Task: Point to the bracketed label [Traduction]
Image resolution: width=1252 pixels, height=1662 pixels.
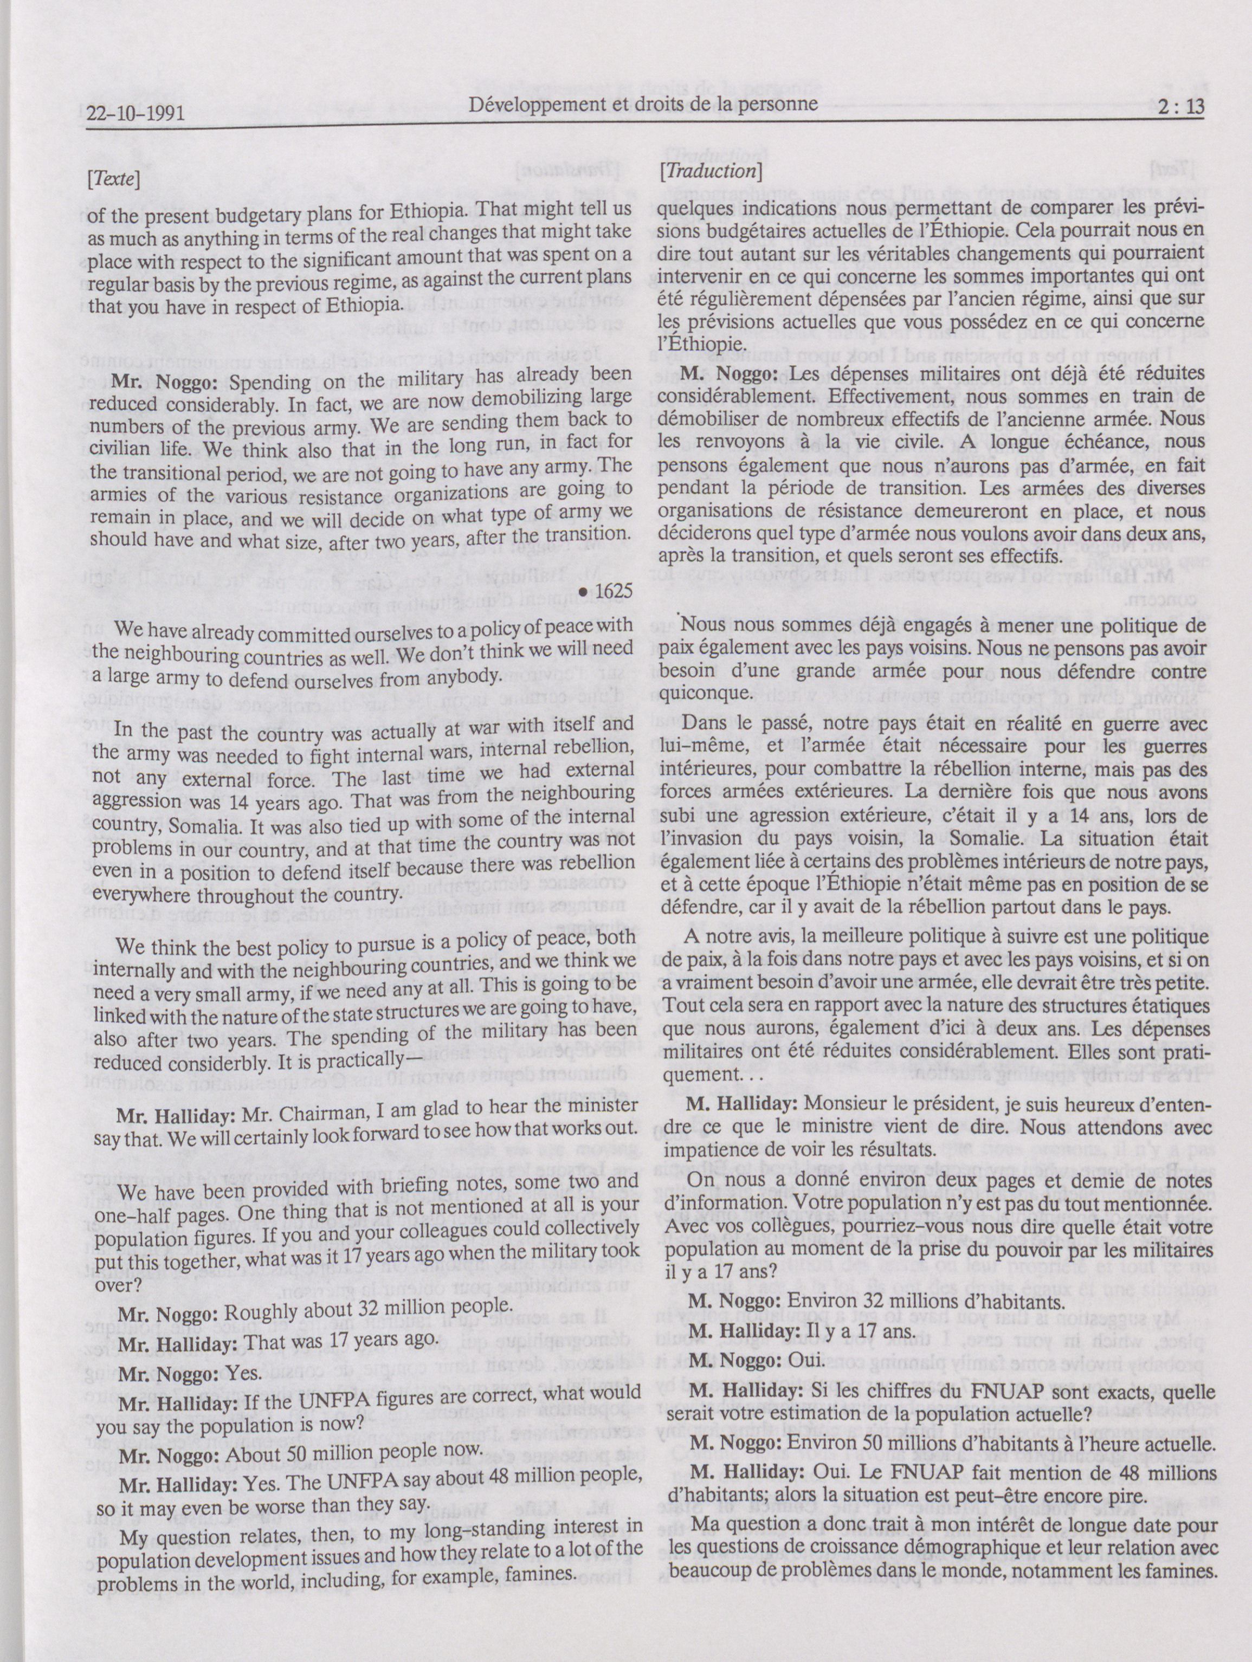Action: (710, 172)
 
